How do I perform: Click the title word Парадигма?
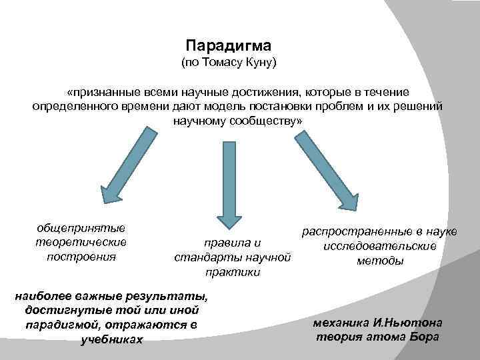[x=229, y=46]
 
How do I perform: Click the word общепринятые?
[x=81, y=228]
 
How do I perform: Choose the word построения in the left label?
[x=81, y=256]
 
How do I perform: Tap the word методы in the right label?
[x=380, y=261]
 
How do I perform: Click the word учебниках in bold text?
[x=111, y=339]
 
